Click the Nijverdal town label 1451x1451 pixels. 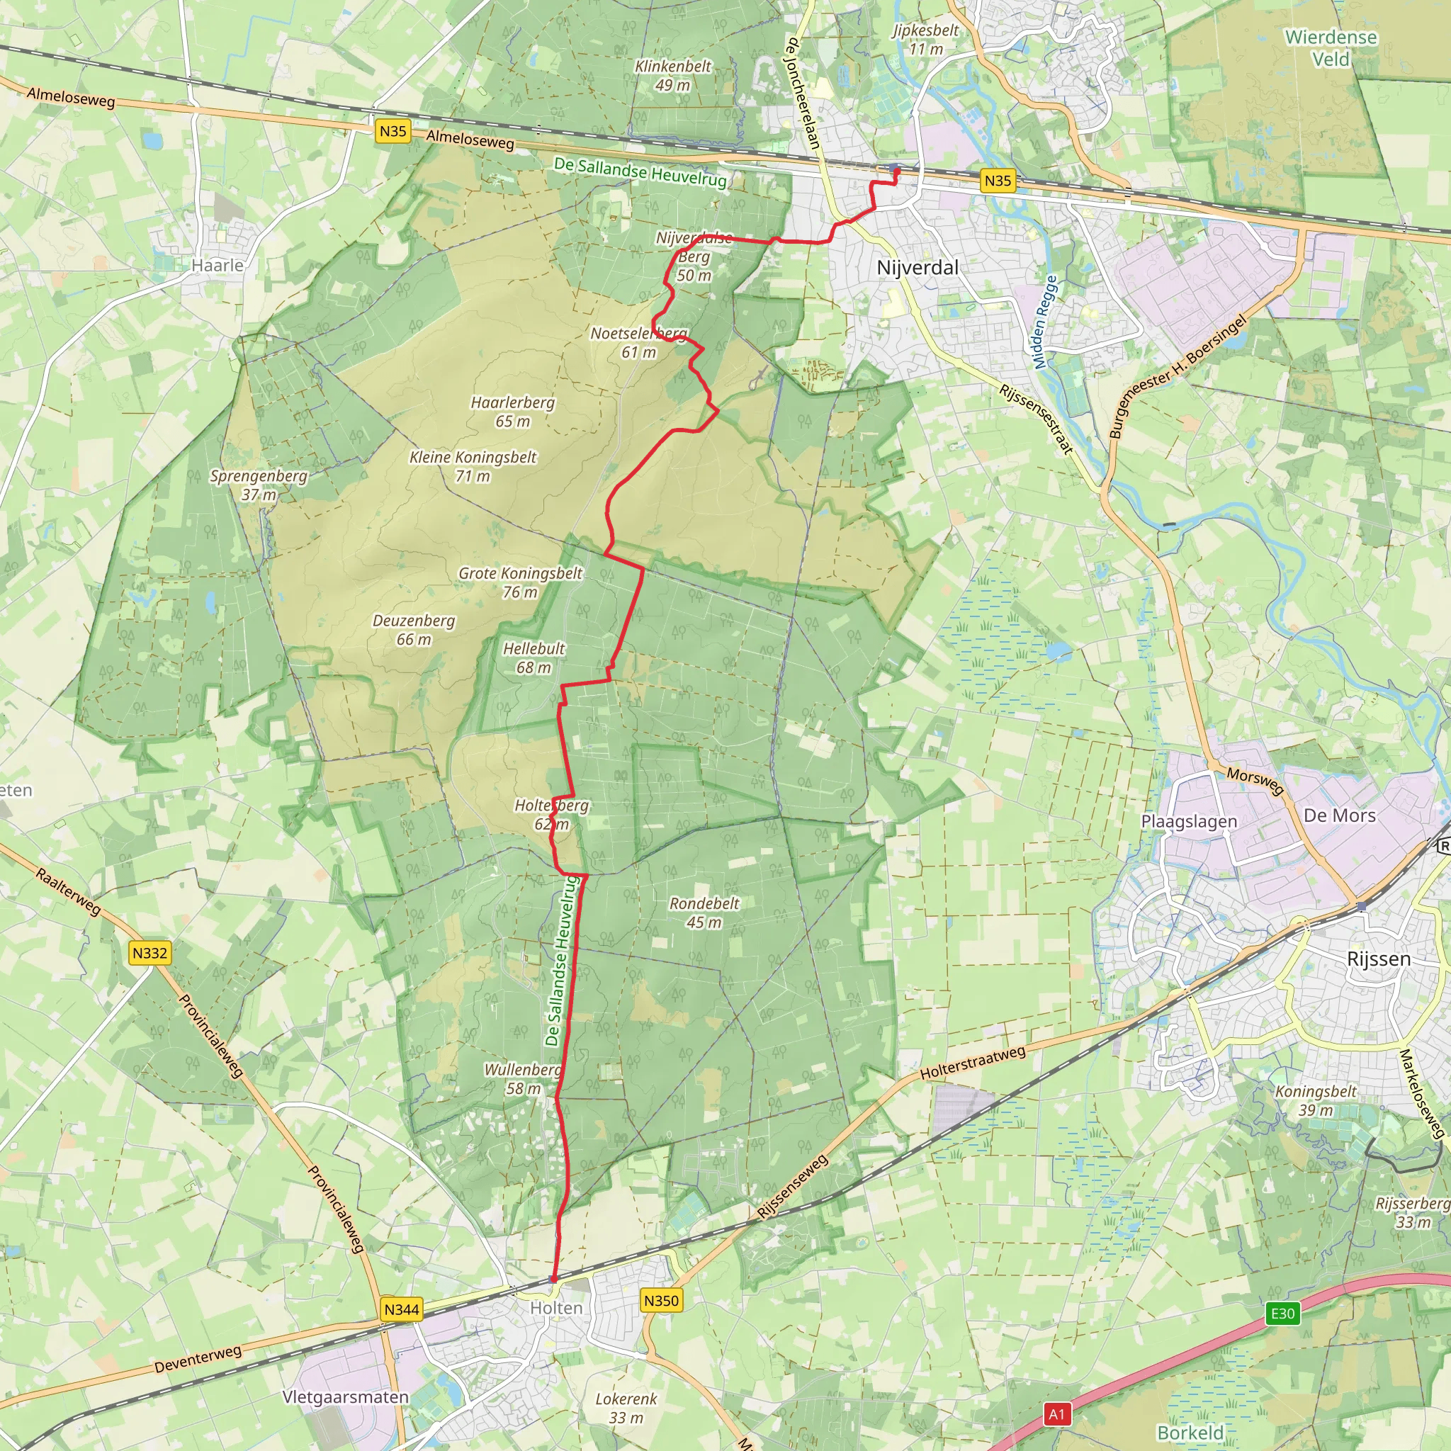click(x=917, y=267)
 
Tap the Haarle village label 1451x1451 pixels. click(x=217, y=265)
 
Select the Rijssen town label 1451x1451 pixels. click(x=1378, y=959)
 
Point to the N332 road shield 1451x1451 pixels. click(x=149, y=953)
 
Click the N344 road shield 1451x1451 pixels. click(x=401, y=1309)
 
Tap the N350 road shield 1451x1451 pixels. click(x=661, y=1300)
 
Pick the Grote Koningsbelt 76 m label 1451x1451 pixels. click(x=521, y=582)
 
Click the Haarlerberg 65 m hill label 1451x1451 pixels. click(x=513, y=412)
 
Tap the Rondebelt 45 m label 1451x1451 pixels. click(x=704, y=913)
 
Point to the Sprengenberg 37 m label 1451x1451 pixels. click(x=259, y=485)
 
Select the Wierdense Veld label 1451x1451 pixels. click(x=1331, y=47)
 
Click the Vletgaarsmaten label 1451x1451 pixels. click(x=346, y=1396)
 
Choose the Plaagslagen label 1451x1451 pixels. click(x=1189, y=821)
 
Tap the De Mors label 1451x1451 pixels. click(x=1339, y=815)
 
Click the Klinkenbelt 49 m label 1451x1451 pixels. click(x=673, y=75)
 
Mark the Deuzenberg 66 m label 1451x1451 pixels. click(x=414, y=629)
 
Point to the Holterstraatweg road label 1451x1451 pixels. click(x=973, y=1063)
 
